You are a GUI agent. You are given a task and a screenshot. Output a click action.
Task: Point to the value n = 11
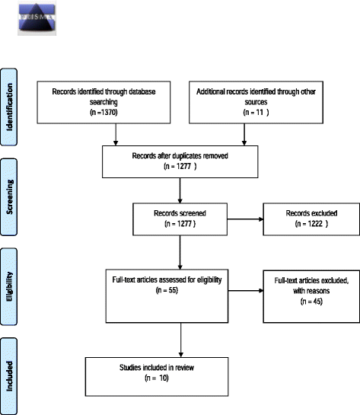pyautogui.click(x=244, y=111)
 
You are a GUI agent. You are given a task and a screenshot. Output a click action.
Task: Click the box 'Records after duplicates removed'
pyautogui.click(x=180, y=161)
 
